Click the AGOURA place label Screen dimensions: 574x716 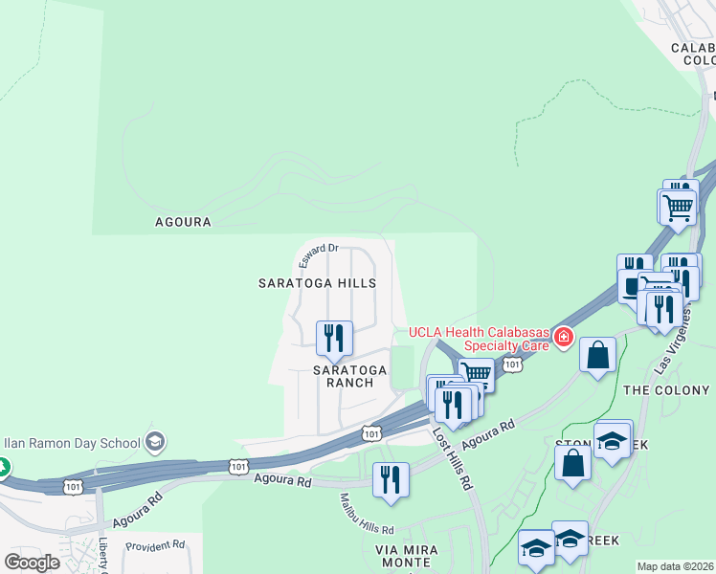[183, 222]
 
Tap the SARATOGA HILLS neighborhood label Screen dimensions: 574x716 [317, 284]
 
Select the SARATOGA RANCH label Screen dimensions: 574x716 [350, 376]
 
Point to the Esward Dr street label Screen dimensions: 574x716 [318, 255]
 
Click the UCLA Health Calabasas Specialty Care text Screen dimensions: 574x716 [479, 339]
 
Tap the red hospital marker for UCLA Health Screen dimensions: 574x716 [563, 337]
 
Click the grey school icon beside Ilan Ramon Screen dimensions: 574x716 [155, 442]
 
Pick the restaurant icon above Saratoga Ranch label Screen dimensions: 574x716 [334, 337]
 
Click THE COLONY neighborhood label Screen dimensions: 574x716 [666, 390]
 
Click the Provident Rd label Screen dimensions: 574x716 [154, 544]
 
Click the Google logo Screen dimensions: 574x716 [32, 562]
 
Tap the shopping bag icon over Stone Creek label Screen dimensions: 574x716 [572, 462]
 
